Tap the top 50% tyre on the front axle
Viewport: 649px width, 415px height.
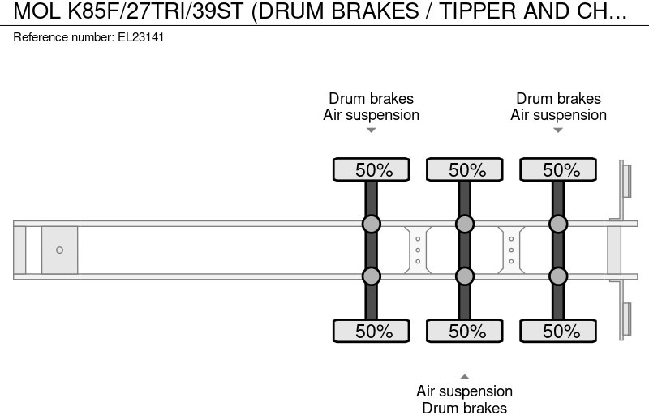click(372, 169)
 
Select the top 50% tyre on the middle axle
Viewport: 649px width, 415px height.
click(465, 169)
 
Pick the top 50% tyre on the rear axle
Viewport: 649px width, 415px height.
click(558, 169)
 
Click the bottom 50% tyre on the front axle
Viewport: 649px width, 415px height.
click(372, 331)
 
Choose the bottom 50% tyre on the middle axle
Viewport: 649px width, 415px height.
click(465, 331)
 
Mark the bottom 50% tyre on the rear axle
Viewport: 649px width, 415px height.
click(558, 331)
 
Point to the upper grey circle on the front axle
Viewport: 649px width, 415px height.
click(372, 224)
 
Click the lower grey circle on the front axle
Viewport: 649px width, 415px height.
click(372, 276)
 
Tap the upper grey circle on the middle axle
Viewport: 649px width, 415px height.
click(465, 224)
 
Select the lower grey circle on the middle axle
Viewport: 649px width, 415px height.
click(465, 276)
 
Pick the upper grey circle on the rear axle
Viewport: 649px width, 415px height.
click(558, 224)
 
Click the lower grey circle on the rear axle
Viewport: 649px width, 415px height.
click(558, 276)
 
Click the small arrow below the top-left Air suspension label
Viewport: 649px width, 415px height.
click(372, 130)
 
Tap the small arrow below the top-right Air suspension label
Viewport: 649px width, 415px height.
click(558, 130)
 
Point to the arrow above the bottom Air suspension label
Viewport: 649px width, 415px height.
click(465, 376)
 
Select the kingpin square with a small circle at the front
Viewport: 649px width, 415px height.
click(59, 250)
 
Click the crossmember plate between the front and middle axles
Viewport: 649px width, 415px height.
click(418, 250)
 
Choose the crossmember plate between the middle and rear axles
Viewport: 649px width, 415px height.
click(511, 250)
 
